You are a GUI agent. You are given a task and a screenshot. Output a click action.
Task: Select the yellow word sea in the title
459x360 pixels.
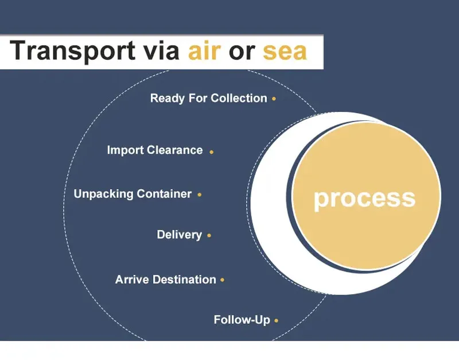(x=285, y=52)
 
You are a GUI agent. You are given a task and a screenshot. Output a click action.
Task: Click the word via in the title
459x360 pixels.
(x=157, y=51)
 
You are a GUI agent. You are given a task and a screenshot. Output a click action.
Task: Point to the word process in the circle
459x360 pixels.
(x=364, y=198)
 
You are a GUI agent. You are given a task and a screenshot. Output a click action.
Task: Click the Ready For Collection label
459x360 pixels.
(x=208, y=98)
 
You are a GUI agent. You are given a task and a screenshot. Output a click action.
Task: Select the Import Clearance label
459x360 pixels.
(x=155, y=150)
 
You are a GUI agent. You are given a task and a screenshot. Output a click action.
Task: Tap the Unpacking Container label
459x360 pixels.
(x=133, y=194)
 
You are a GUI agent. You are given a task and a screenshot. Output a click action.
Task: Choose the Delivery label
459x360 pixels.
(x=179, y=234)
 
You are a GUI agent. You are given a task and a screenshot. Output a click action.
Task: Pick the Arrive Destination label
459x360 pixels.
(x=165, y=280)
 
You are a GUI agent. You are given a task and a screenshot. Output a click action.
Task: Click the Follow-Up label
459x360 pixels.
(x=242, y=320)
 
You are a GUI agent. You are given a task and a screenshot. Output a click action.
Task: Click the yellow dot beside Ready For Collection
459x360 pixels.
(x=274, y=99)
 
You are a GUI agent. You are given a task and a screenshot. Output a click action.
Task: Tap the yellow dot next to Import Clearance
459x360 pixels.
(x=212, y=152)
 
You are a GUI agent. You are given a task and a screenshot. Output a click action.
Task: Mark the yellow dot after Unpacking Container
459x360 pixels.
(x=199, y=195)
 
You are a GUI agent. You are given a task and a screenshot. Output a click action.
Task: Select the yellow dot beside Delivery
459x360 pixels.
(x=209, y=236)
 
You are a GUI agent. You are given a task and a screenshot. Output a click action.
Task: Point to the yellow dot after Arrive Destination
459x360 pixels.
(x=223, y=280)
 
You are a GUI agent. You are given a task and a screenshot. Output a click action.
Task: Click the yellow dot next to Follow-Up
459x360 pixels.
(x=277, y=321)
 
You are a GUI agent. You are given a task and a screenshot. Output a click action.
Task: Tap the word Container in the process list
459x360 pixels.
(x=164, y=194)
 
